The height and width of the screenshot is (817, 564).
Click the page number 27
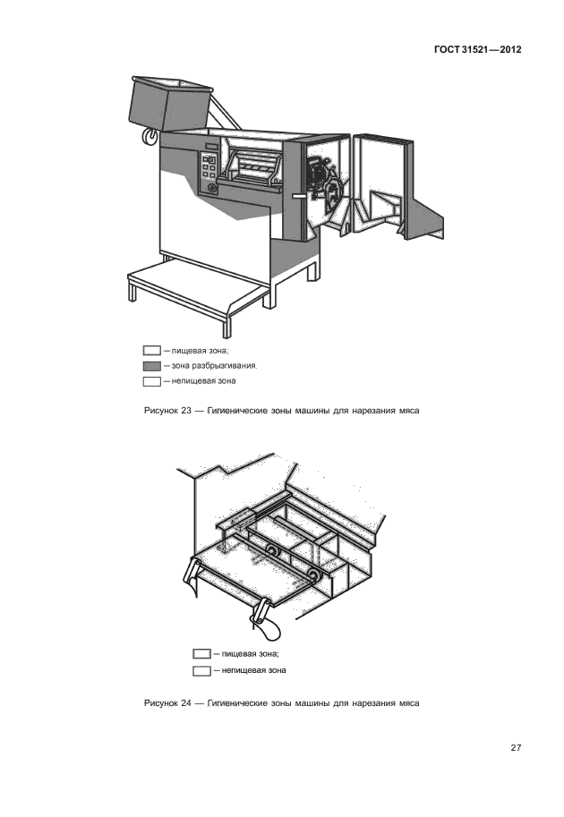tap(516, 748)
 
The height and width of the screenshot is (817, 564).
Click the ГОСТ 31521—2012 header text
tap(471, 50)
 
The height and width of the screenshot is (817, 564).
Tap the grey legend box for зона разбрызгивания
tap(151, 366)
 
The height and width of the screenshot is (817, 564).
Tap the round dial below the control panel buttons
tap(212, 188)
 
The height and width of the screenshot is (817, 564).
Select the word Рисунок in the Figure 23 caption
tap(160, 412)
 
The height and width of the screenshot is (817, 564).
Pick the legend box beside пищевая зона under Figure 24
tap(201, 654)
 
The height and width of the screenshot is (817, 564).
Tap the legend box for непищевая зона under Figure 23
tap(151, 382)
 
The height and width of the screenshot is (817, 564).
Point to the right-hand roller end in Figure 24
tap(312, 575)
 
